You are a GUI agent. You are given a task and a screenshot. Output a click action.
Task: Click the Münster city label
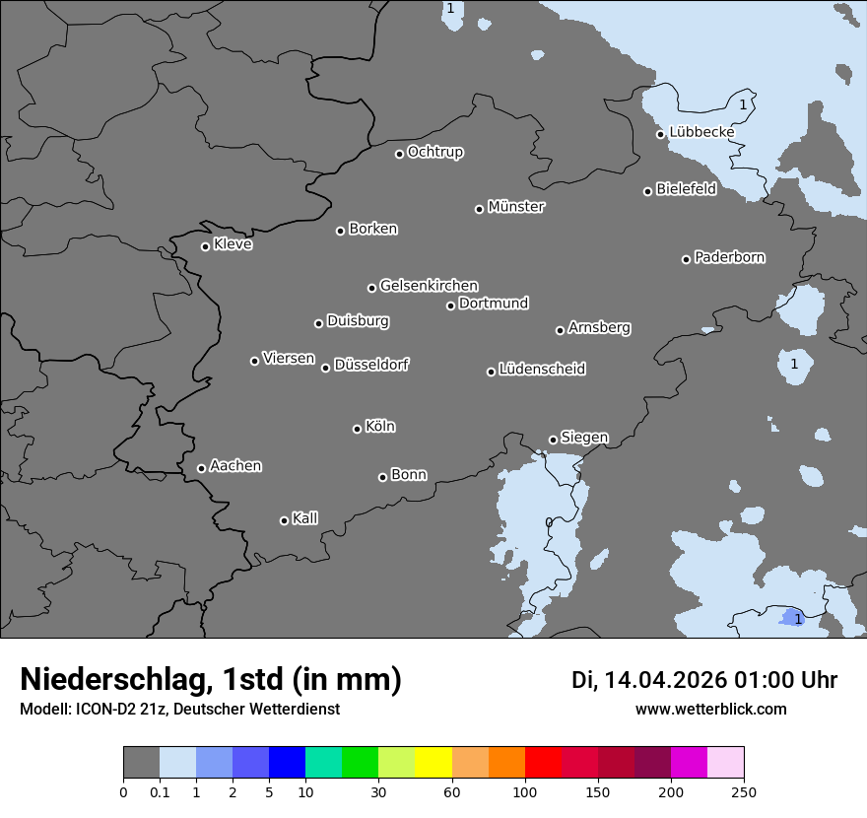click(515, 207)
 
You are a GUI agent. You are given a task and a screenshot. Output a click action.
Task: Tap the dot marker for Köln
click(357, 429)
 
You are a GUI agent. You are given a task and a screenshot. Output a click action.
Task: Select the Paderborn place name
click(729, 257)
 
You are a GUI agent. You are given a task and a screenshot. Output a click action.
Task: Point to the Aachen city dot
click(201, 468)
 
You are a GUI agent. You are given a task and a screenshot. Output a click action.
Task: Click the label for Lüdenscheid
click(542, 370)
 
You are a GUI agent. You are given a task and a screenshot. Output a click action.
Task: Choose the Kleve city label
click(233, 244)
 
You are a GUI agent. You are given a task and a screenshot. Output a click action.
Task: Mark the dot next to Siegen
click(553, 440)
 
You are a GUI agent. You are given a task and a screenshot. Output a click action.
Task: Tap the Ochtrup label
click(434, 152)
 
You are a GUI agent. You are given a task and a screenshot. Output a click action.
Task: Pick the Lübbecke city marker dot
click(660, 134)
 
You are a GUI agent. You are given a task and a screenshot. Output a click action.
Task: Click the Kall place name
click(304, 518)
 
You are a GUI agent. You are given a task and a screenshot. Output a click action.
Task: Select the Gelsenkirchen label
click(429, 286)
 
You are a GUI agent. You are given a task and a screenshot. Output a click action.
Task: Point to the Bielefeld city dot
click(647, 191)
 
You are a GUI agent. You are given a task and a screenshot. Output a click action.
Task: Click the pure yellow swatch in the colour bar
click(433, 763)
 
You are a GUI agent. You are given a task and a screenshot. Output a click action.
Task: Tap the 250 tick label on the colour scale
click(744, 791)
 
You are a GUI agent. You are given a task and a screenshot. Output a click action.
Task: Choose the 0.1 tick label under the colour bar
click(160, 791)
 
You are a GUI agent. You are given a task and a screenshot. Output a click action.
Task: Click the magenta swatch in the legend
click(689, 763)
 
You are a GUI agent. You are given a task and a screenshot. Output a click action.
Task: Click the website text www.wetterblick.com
click(710, 709)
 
